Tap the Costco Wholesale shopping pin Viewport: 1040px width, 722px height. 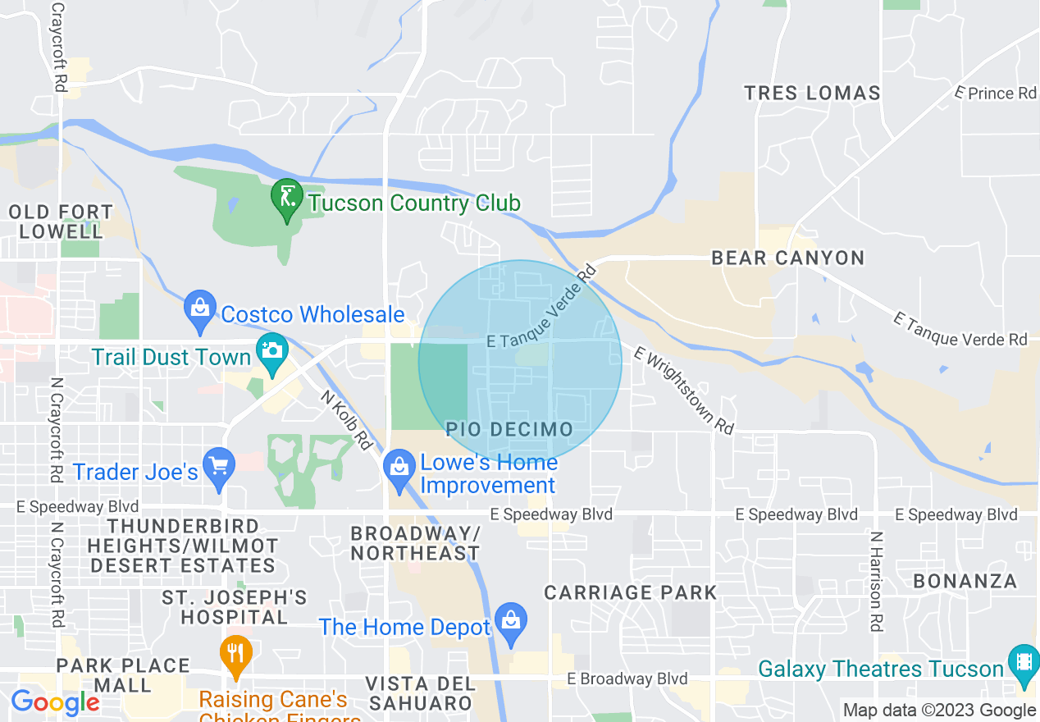(200, 311)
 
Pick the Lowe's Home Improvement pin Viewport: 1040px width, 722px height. (399, 470)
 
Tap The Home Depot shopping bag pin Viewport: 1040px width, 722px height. (511, 624)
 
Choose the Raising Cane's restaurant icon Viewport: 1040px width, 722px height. (236, 656)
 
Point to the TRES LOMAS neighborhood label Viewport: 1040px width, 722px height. (812, 93)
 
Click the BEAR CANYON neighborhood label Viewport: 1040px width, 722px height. (787, 258)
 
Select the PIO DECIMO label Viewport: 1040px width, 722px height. (509, 429)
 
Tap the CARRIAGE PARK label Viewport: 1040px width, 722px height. (630, 592)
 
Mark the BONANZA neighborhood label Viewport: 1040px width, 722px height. (965, 582)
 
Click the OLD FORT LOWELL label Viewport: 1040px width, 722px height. (61, 222)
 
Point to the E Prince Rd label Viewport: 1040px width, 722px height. (997, 94)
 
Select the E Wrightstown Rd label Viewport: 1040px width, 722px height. (683, 391)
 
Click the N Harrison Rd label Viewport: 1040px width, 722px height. (876, 582)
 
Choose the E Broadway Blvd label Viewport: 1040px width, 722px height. (627, 679)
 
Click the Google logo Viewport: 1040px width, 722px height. (55, 702)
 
